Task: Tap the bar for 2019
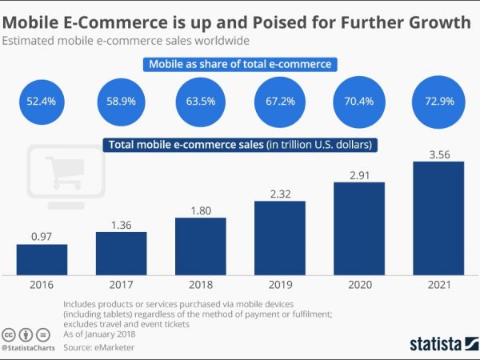click(x=280, y=237)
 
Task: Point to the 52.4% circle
click(x=42, y=102)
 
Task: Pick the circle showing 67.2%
click(x=280, y=102)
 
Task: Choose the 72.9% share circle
click(x=438, y=102)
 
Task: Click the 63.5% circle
click(x=200, y=102)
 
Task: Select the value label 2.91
click(x=359, y=172)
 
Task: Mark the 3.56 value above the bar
click(x=438, y=151)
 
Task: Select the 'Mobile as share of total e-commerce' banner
click(x=240, y=64)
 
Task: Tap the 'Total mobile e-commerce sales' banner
click(x=240, y=146)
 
